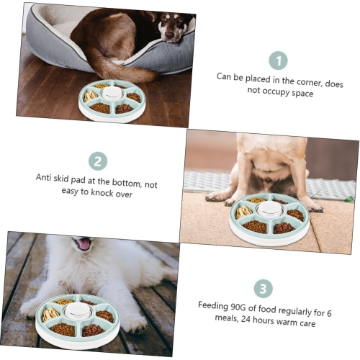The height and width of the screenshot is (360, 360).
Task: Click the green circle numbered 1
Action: click(278, 60)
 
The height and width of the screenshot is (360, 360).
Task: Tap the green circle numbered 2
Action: click(98, 161)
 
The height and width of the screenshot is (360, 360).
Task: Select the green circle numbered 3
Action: click(264, 289)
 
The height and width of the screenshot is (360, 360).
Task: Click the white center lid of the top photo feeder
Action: click(112, 93)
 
